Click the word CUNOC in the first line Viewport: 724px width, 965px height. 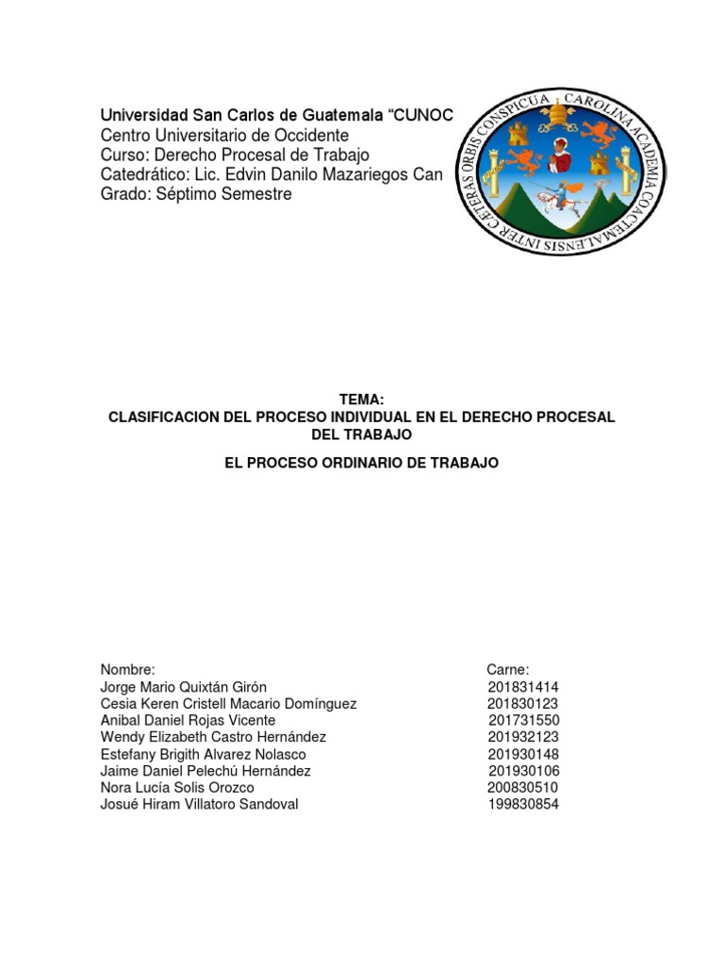pos(423,114)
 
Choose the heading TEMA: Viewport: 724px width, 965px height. pos(361,400)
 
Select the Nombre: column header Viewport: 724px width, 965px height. pos(127,669)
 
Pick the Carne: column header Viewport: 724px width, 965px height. pos(508,669)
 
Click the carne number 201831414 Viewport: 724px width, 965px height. pos(523,687)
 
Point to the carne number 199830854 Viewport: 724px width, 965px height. pos(523,804)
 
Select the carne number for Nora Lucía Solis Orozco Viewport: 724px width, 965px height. pos(523,787)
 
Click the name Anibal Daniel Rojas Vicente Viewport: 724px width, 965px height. pos(188,720)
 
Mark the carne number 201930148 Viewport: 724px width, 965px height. pos(523,754)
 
